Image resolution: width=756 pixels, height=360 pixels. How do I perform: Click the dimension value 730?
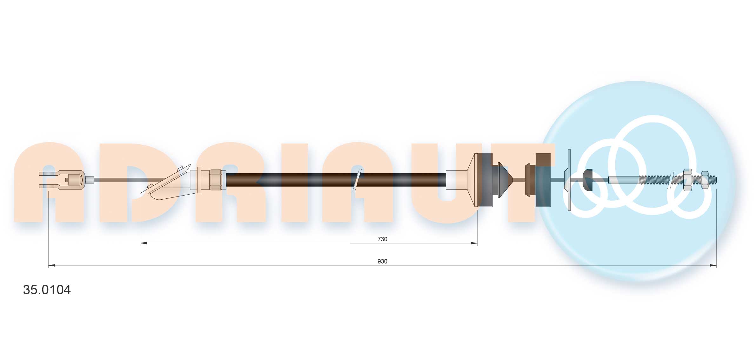pyautogui.click(x=382, y=239)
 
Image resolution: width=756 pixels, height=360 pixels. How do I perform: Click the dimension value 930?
pyautogui.click(x=382, y=261)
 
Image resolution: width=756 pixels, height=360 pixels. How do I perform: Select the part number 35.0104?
pyautogui.click(x=47, y=290)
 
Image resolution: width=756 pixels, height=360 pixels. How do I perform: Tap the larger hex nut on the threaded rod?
pyautogui.click(x=687, y=180)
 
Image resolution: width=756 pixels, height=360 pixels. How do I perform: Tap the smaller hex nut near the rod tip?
pyautogui.click(x=705, y=180)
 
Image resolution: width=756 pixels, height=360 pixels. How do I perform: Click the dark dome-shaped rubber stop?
pyautogui.click(x=588, y=180)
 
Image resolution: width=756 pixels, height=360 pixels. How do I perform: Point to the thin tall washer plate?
pyautogui.click(x=569, y=180)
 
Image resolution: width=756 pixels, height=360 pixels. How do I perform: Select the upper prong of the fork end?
pyautogui.click(x=49, y=174)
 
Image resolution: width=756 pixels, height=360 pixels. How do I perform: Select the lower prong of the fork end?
pyautogui.click(x=49, y=186)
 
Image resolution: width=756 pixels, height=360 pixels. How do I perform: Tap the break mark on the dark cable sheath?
pyautogui.click(x=357, y=180)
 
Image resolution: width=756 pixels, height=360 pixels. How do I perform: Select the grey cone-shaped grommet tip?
pyautogui.click(x=505, y=180)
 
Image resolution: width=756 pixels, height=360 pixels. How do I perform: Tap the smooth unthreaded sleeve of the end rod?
pyautogui.click(x=624, y=180)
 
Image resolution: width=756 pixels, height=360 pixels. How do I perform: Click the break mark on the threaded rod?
pyautogui.click(x=671, y=180)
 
